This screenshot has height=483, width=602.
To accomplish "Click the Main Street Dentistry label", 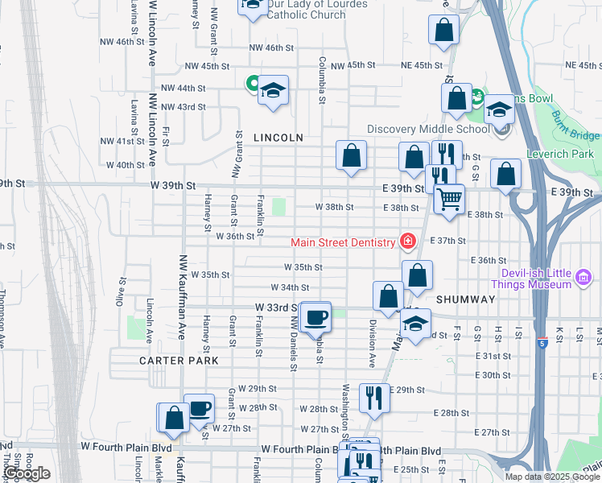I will coord(344,242).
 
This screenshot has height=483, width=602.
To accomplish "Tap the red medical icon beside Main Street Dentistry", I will coord(408,242).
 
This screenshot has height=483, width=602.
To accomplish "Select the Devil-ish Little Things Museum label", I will coord(531,278).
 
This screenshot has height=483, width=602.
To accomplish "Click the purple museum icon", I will coord(583,279).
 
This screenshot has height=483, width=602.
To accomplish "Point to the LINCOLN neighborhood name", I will coord(278,138).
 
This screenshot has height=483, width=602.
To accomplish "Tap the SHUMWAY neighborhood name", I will coord(466,299).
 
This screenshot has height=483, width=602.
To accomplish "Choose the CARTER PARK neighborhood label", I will coord(179,361).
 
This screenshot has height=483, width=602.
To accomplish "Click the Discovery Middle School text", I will coord(428,129).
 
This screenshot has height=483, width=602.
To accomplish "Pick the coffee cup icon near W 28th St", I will coord(199,407).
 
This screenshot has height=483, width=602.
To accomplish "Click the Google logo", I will coord(27,473).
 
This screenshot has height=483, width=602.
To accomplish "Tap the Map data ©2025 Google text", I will coord(551,476).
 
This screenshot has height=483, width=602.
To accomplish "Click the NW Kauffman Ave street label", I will coord(183,297).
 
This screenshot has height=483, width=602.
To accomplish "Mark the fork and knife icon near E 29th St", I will coord(373,397).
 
